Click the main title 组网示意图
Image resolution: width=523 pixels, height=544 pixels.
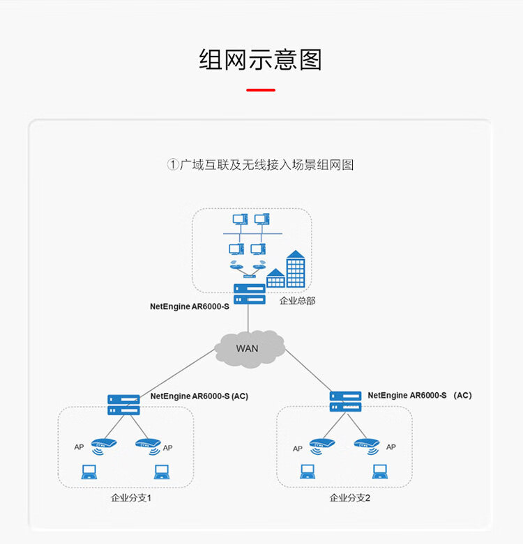coord(261,60)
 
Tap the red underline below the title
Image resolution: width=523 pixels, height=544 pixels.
coord(261,91)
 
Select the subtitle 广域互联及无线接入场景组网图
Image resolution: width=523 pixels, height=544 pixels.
coord(266,165)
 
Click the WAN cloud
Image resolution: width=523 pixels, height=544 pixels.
coord(250,349)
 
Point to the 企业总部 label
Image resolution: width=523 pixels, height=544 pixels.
coord(297,300)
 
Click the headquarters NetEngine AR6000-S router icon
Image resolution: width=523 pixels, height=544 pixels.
coord(250,294)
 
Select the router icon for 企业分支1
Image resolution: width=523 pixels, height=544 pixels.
coord(123,405)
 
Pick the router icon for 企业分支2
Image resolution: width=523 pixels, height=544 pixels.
coord(345,401)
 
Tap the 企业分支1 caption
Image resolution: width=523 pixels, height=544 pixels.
coord(131,498)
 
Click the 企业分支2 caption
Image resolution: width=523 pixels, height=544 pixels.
coord(349,498)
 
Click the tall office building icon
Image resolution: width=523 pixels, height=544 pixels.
coord(296,269)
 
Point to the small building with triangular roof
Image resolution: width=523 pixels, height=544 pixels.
coord(275,278)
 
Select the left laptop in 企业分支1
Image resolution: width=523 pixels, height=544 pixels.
coord(89,472)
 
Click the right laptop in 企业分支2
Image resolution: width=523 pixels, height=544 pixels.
coord(380,472)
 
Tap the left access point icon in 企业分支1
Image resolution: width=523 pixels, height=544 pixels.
coord(103,446)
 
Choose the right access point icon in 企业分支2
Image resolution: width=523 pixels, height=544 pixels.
coord(367,446)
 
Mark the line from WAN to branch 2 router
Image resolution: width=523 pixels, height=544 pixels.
coord(308,370)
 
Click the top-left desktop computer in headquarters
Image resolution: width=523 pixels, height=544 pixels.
coord(240,219)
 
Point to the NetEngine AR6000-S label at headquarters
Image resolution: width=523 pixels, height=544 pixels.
coord(189,306)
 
